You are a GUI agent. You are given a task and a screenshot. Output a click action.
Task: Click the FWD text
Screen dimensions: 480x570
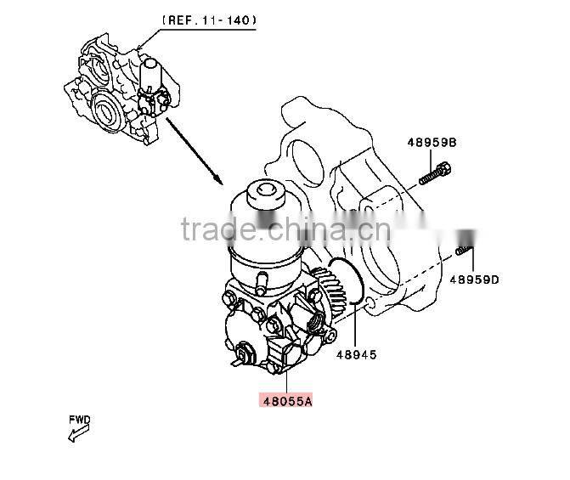click(x=81, y=420)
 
